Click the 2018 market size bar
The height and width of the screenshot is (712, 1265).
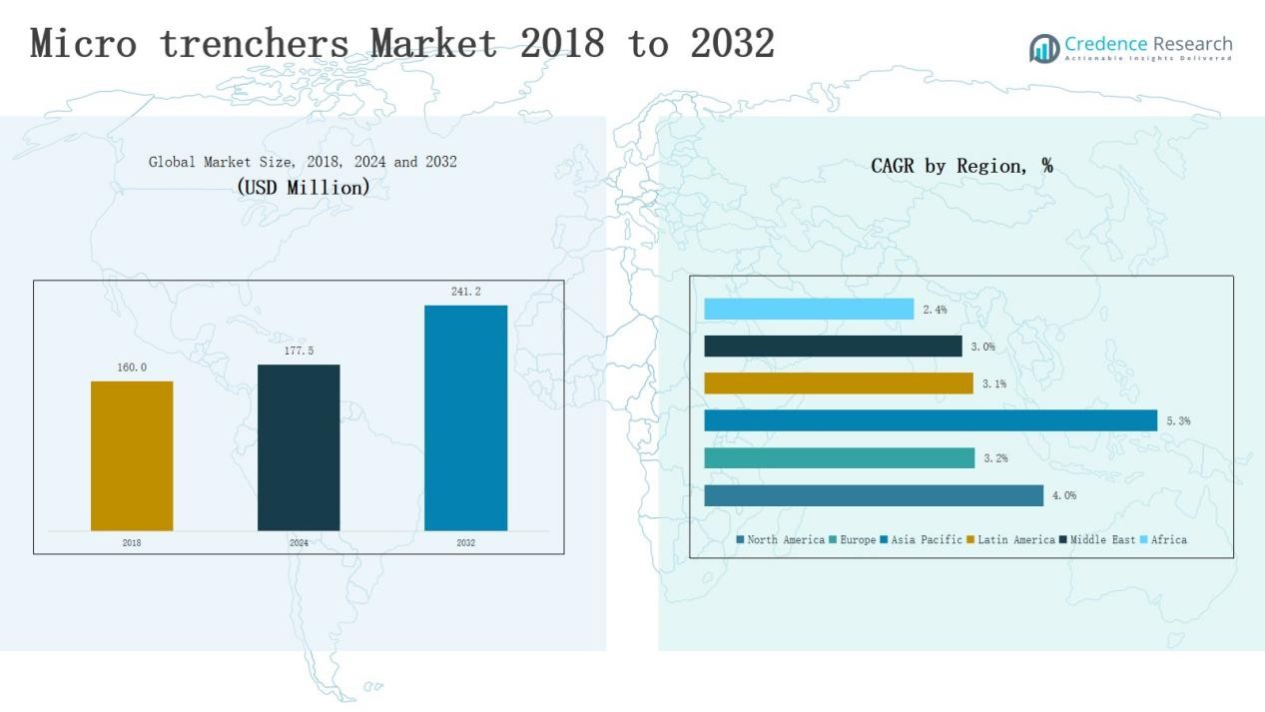click(132, 455)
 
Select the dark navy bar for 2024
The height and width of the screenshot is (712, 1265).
click(299, 447)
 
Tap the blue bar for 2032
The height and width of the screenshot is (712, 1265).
click(465, 417)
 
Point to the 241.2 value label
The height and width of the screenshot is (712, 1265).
click(465, 292)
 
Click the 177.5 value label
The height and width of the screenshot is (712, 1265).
click(299, 352)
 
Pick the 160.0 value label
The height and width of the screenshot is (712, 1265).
click(132, 367)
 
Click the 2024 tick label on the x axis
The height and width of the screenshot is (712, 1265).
click(299, 543)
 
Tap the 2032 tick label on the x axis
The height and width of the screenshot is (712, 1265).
click(465, 543)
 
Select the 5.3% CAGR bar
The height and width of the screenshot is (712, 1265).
click(931, 420)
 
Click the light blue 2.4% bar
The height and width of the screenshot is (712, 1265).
click(809, 310)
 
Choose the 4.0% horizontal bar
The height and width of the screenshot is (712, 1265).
click(874, 495)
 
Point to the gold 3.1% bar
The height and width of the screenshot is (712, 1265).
click(839, 383)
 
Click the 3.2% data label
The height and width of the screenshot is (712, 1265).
click(995, 458)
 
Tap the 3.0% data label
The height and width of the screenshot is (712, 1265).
click(982, 347)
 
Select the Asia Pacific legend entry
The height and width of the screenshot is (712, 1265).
click(922, 540)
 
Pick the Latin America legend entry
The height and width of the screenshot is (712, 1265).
click(1010, 540)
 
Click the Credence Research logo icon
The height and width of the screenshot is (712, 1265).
click(1044, 48)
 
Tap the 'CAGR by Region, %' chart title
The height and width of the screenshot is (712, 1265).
click(961, 166)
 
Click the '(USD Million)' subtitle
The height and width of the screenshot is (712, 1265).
click(304, 187)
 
